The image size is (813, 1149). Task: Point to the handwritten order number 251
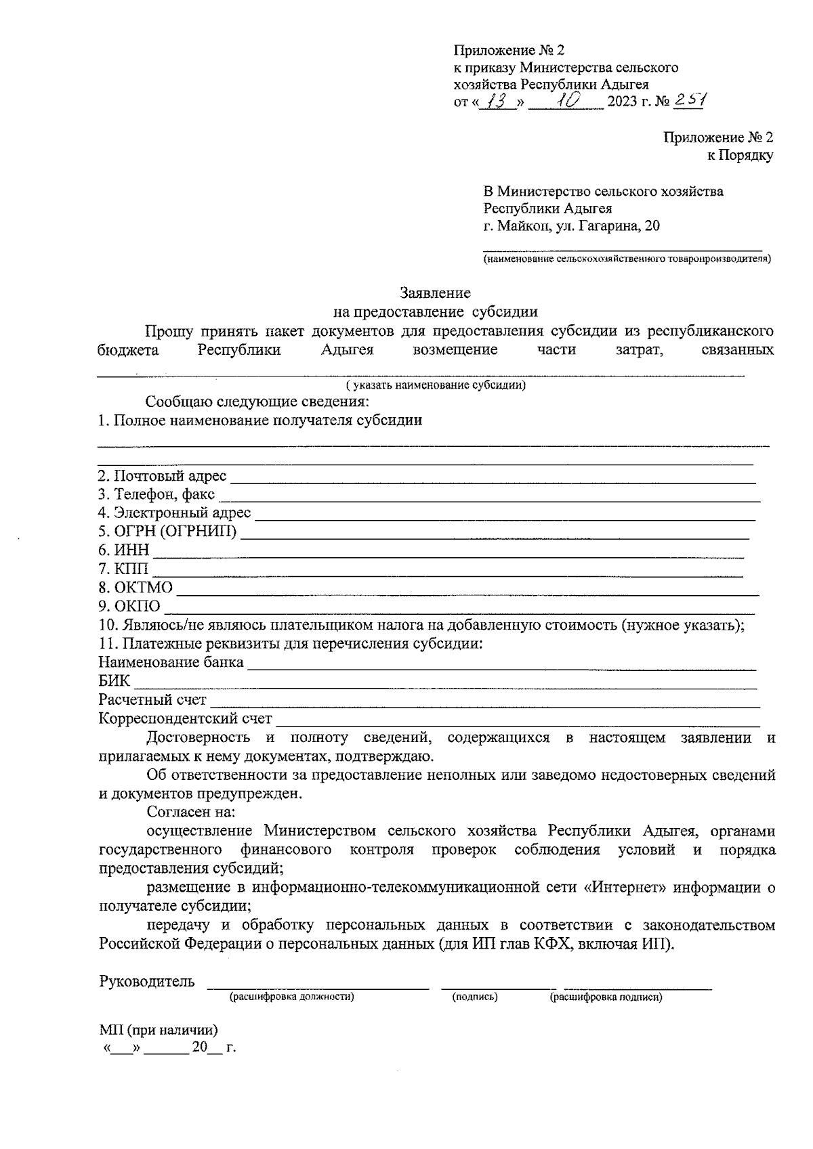click(690, 100)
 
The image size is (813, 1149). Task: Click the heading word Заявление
click(435, 293)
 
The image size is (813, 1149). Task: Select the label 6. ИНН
click(123, 550)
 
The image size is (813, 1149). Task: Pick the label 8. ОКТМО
click(135, 587)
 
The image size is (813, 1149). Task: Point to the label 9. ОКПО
click(129, 606)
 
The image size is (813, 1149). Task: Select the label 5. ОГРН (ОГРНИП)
click(168, 532)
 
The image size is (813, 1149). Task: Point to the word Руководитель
click(147, 982)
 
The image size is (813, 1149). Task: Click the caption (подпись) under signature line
click(475, 997)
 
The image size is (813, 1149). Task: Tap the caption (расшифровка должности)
click(292, 997)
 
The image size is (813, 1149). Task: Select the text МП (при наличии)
click(159, 1031)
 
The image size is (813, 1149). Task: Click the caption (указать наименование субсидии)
click(436, 386)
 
